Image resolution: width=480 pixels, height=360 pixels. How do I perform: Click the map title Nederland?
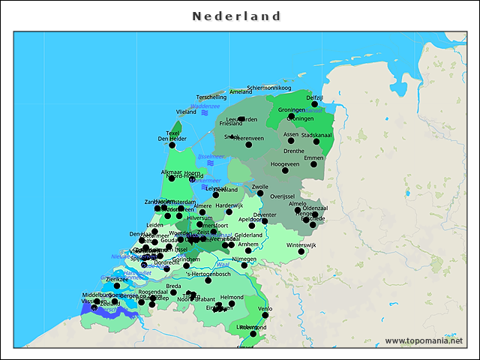pyautogui.click(x=236, y=16)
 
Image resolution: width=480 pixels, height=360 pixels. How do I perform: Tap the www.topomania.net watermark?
pyautogui.click(x=424, y=340)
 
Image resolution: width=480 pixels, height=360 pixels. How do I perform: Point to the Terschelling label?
pyautogui.click(x=211, y=97)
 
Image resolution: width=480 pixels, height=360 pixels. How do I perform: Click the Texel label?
pyautogui.click(x=172, y=133)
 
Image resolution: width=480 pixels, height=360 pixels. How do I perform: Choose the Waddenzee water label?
pyautogui.click(x=205, y=106)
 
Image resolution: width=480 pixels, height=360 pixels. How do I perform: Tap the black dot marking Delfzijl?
pyautogui.click(x=315, y=104)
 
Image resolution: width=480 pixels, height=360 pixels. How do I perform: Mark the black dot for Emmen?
pyautogui.click(x=313, y=163)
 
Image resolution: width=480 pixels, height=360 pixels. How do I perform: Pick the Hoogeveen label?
pyautogui.click(x=285, y=163)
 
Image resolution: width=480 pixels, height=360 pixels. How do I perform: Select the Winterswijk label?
pyautogui.click(x=301, y=245)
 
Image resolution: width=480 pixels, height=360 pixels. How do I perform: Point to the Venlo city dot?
pyautogui.click(x=265, y=315)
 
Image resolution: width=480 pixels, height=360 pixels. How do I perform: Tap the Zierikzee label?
pyautogui.click(x=117, y=279)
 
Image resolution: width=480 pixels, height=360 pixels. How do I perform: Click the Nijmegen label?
pyautogui.click(x=244, y=259)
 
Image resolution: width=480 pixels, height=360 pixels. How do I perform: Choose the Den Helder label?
pyautogui.click(x=172, y=139)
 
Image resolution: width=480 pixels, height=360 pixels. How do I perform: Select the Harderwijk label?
pyautogui.click(x=229, y=205)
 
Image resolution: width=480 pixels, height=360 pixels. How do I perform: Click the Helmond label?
pyautogui.click(x=232, y=298)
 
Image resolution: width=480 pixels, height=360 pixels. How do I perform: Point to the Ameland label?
pyautogui.click(x=241, y=91)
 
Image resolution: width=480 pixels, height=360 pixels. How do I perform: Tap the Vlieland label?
pyautogui.click(x=186, y=112)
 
